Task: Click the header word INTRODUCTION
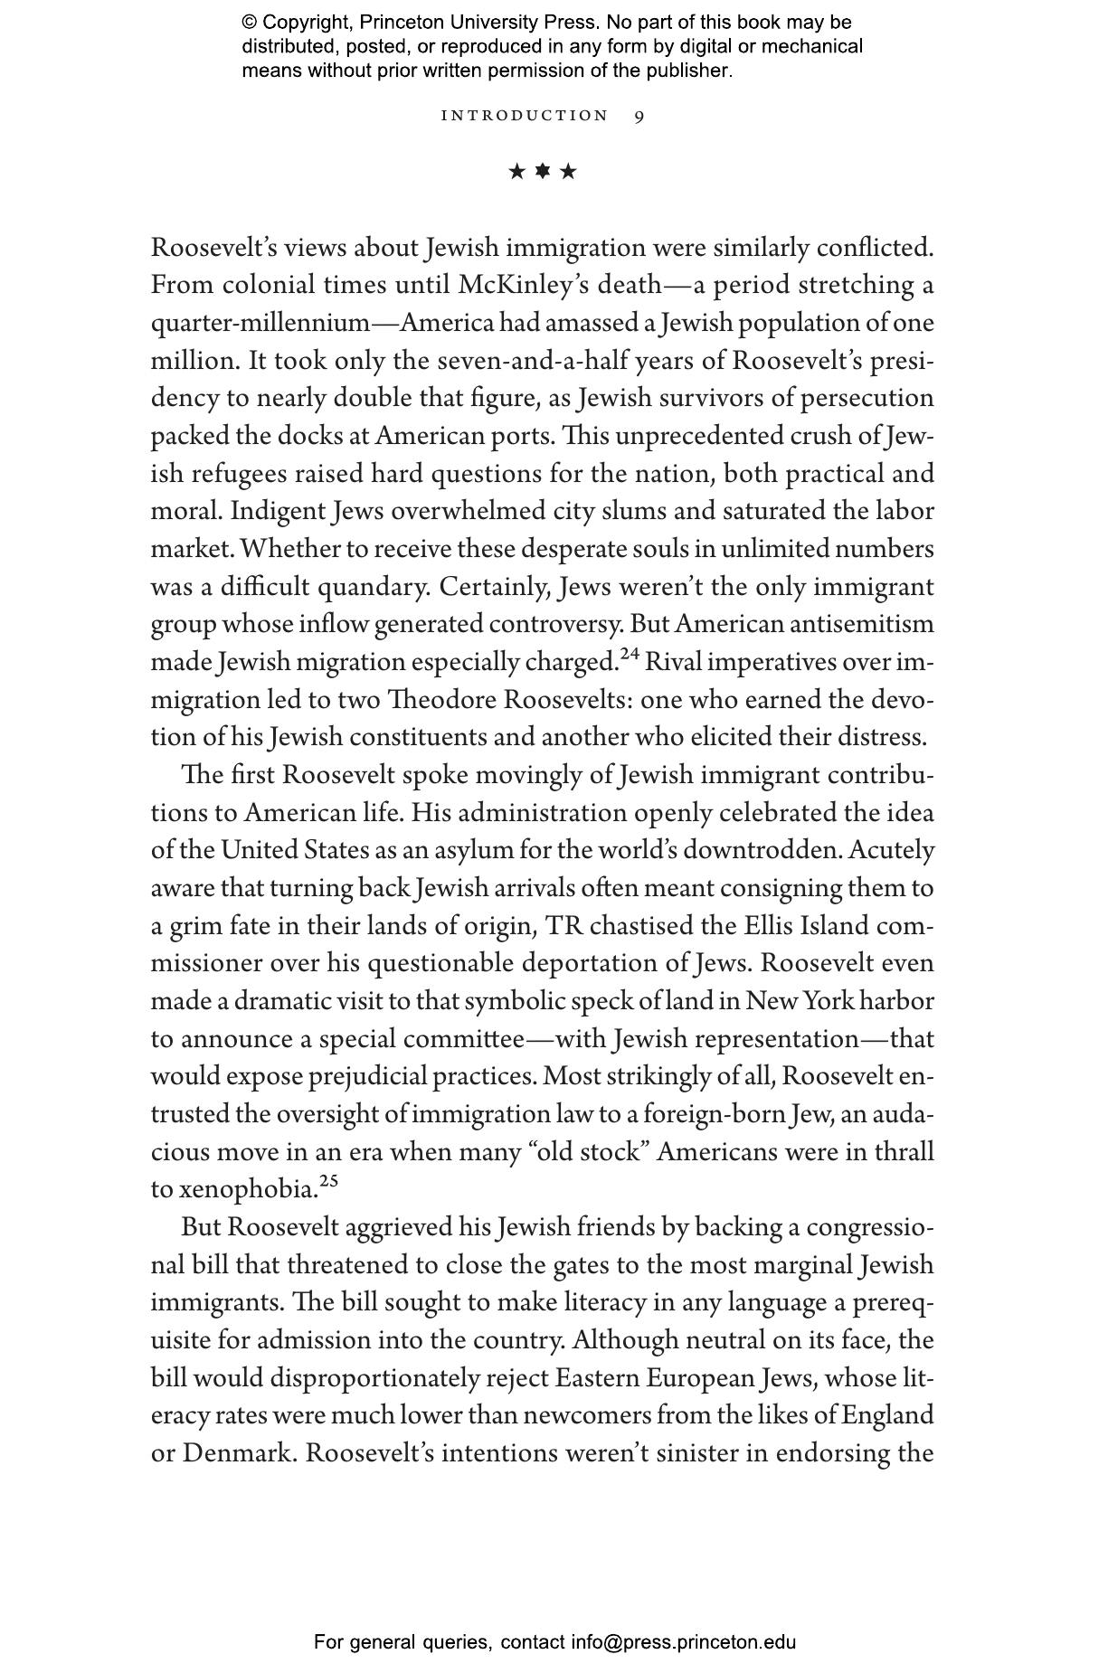click(525, 116)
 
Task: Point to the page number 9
click(639, 116)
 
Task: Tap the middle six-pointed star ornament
click(543, 171)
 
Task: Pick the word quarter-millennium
click(260, 323)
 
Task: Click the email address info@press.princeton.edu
click(683, 1642)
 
